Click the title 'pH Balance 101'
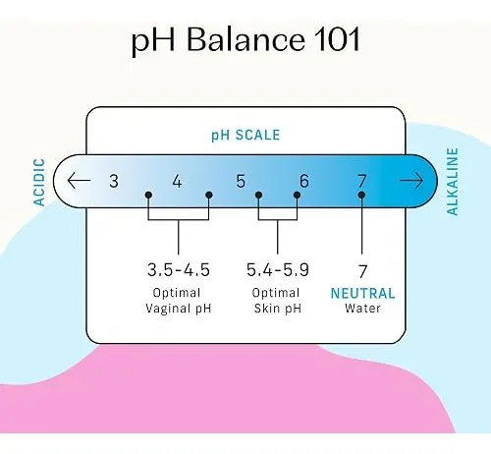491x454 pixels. pyautogui.click(x=245, y=40)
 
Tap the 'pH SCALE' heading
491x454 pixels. pyautogui.click(x=245, y=135)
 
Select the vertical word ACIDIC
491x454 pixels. pyautogui.click(x=39, y=182)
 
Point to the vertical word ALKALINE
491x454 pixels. pyautogui.click(x=453, y=182)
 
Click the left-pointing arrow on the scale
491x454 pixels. pyautogui.click(x=79, y=181)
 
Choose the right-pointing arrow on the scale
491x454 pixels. pyautogui.click(x=411, y=181)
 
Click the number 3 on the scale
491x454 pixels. pyautogui.click(x=114, y=181)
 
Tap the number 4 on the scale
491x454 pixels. pyautogui.click(x=177, y=181)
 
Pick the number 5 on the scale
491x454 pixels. pyautogui.click(x=241, y=181)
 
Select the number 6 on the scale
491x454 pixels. pyautogui.click(x=304, y=181)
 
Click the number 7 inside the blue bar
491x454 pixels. pyautogui.click(x=361, y=181)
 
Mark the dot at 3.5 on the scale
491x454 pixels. pyautogui.click(x=148, y=195)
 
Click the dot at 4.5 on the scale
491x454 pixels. pyautogui.click(x=209, y=195)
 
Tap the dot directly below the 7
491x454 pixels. pyautogui.click(x=361, y=195)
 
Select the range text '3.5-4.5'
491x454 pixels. pyautogui.click(x=179, y=270)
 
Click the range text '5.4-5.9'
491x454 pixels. pyautogui.click(x=278, y=270)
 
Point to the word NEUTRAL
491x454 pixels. pyautogui.click(x=362, y=293)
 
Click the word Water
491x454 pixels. pyautogui.click(x=362, y=309)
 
